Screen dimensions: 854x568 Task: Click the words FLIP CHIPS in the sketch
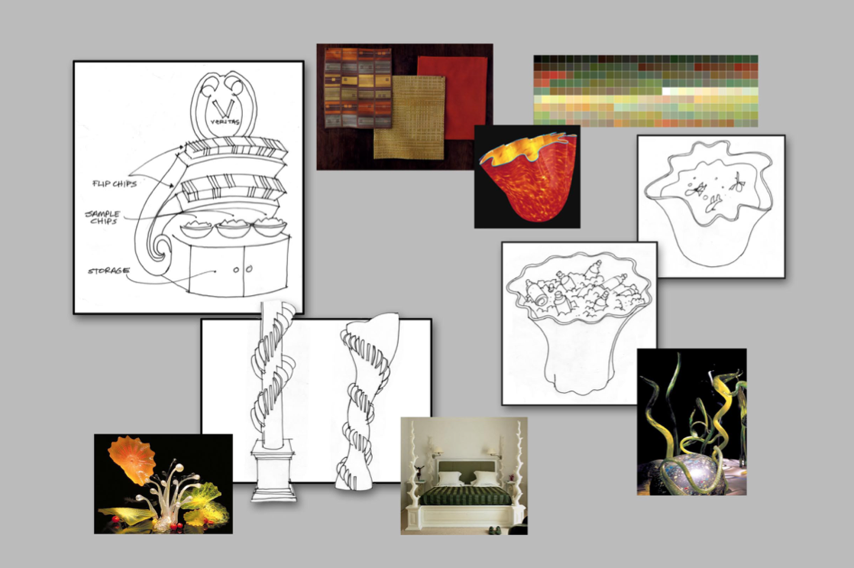point(115,183)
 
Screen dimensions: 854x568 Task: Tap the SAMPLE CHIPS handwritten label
point(103,217)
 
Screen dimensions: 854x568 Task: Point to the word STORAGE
point(109,271)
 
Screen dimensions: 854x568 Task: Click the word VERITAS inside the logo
point(225,122)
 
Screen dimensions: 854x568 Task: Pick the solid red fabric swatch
point(452,97)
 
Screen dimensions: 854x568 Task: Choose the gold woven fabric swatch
point(409,117)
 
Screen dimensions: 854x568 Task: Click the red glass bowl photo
point(526,176)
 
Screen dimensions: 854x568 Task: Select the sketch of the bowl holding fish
point(710,206)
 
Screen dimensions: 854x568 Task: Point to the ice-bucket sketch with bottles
point(578,323)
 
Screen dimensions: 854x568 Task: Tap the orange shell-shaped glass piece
point(132,459)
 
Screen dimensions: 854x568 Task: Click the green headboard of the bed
point(464,469)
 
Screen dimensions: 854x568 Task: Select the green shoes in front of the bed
point(491,529)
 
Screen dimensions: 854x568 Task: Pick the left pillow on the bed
point(450,479)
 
